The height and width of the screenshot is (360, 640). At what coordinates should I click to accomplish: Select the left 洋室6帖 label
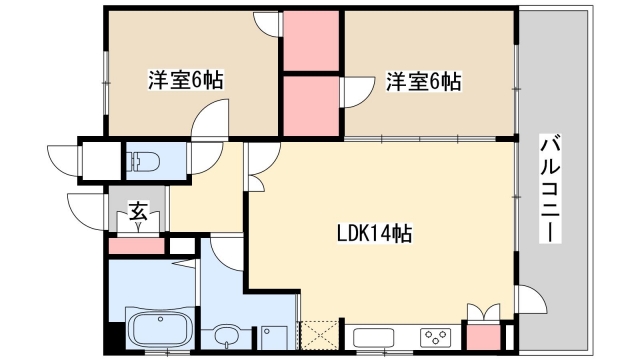(x=186, y=81)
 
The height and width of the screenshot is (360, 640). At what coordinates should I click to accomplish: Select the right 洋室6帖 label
(x=424, y=81)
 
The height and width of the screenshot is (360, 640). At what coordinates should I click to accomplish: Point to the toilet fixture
(x=144, y=160)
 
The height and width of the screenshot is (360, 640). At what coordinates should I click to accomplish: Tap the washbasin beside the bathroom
(x=229, y=335)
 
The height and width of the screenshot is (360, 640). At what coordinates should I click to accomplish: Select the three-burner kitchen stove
(x=436, y=337)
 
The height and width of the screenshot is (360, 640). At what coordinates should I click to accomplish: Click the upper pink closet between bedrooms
(x=312, y=42)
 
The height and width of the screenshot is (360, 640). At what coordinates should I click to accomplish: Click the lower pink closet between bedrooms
(x=312, y=105)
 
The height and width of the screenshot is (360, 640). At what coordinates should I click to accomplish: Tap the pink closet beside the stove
(x=483, y=337)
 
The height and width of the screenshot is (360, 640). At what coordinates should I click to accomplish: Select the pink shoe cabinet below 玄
(x=135, y=245)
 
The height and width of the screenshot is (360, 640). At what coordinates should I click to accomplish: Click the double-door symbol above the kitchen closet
(x=483, y=311)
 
